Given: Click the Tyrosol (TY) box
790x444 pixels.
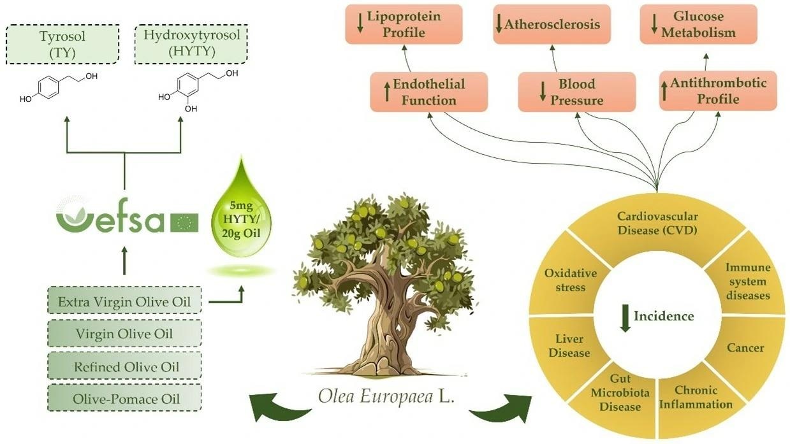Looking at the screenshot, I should click(62, 45).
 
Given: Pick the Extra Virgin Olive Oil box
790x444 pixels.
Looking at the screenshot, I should click(124, 301).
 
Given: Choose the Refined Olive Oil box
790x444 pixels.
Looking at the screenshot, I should click(124, 367).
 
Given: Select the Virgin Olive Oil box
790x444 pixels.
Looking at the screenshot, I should click(124, 334).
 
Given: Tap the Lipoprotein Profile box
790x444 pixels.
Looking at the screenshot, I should click(404, 24).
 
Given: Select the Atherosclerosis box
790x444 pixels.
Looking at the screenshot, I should click(552, 25).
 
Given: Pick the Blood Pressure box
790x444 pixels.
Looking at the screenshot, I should click(576, 92).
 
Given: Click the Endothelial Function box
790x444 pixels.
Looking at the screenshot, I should click(428, 92).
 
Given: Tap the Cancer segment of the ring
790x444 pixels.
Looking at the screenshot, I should click(745, 348).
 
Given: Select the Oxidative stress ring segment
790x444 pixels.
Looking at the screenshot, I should click(570, 280).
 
